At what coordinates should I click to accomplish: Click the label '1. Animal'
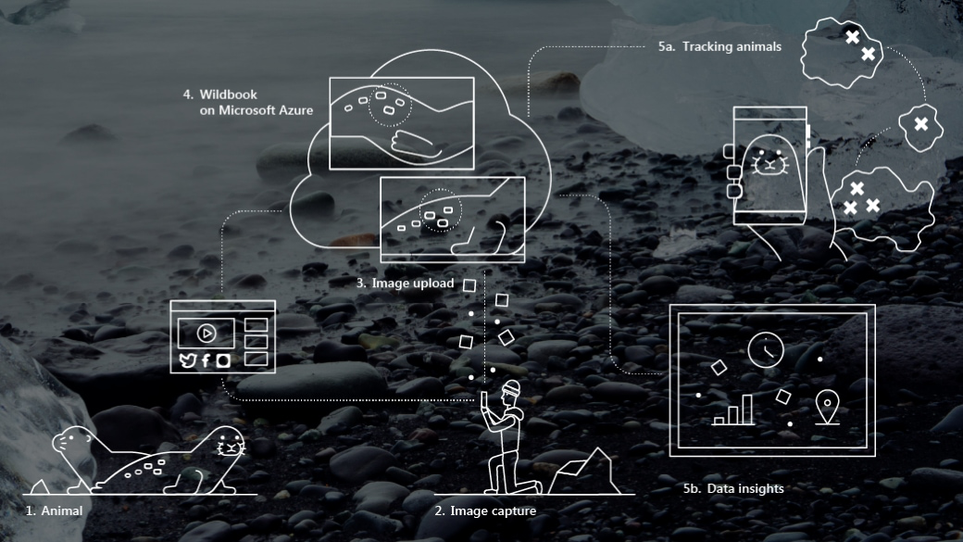[x=55, y=510]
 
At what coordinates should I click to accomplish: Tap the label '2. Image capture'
[x=485, y=510]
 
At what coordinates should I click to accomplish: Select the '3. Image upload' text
[x=405, y=284]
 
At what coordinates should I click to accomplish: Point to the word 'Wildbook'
[x=228, y=95]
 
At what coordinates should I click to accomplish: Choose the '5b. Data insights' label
[x=727, y=488]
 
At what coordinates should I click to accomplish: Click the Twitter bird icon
[x=189, y=361]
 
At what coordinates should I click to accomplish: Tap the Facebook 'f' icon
[x=206, y=361]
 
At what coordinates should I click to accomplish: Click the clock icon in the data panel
[x=766, y=349]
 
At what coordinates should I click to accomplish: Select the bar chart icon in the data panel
[x=733, y=410]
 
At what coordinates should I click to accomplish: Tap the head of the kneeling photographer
[x=512, y=389]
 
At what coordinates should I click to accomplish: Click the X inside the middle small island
[x=920, y=123]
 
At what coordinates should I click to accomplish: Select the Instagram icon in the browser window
[x=222, y=361]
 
